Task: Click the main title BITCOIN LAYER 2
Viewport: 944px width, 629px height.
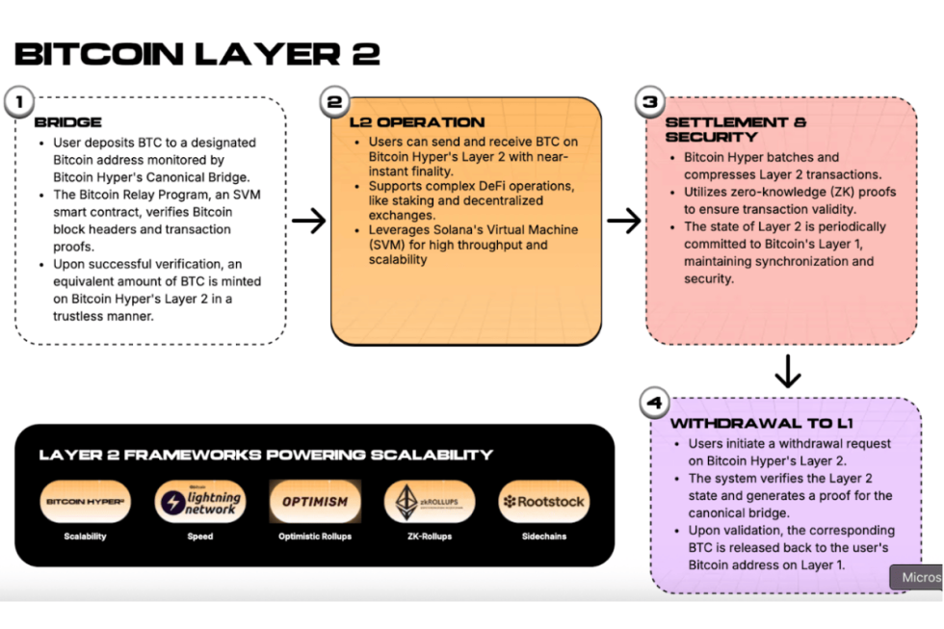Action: (x=197, y=53)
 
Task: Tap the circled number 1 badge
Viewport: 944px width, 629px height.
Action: (x=18, y=100)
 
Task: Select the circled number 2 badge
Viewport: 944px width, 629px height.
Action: (x=334, y=101)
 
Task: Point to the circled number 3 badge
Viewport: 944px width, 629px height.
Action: (x=650, y=101)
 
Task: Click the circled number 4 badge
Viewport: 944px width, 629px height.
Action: (x=654, y=402)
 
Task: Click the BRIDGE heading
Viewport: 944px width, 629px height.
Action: (x=67, y=123)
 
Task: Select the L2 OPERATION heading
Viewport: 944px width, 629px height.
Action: (x=416, y=122)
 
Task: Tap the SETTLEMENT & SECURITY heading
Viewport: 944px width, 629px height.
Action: (x=736, y=129)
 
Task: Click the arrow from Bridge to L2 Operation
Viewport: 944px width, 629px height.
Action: (x=309, y=222)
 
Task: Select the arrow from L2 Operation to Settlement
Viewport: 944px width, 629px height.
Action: (x=624, y=222)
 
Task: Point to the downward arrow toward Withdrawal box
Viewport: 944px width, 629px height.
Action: (x=787, y=371)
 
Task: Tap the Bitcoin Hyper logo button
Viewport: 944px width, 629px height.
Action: (x=85, y=502)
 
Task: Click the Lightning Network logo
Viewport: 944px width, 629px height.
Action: (x=199, y=502)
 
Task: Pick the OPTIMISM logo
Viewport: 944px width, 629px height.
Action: (x=315, y=502)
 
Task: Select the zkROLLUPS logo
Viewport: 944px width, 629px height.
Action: (x=430, y=502)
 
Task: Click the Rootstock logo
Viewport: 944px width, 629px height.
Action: (x=543, y=502)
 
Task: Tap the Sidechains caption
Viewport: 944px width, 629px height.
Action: (x=543, y=536)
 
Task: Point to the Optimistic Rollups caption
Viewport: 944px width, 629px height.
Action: (x=315, y=536)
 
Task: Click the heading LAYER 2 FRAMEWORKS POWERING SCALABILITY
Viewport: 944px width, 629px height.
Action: (x=266, y=455)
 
